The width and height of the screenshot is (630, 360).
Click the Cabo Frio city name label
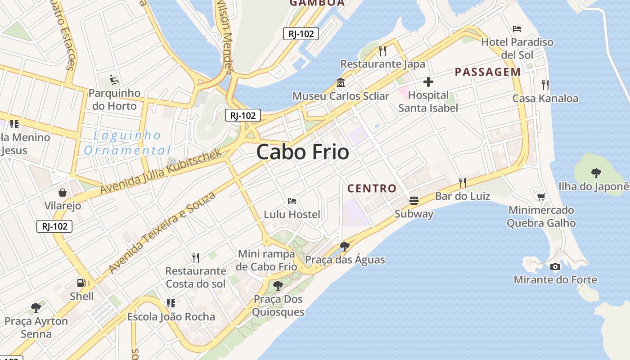coord(302,152)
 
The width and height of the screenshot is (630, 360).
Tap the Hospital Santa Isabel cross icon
coord(428,82)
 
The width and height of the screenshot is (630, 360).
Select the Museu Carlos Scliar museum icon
coord(340,83)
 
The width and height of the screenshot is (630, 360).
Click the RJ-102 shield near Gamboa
coord(301,34)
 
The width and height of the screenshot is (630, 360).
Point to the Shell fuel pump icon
coord(81,283)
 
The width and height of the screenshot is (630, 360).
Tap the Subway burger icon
coord(414,200)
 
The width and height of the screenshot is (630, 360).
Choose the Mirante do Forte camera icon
coord(555,266)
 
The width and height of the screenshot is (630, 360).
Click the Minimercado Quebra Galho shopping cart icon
coord(541,197)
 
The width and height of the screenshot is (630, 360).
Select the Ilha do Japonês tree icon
coord(596,173)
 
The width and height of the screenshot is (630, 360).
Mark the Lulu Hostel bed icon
coord(292,201)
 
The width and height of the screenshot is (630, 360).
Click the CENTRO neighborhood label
coord(372,188)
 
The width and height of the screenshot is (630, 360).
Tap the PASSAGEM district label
coord(488,72)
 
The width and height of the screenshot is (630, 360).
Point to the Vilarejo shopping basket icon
coord(63,193)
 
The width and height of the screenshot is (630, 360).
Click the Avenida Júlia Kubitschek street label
coord(161,171)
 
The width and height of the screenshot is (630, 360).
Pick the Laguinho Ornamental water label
coord(127,143)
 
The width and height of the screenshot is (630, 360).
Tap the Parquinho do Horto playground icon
coord(114,80)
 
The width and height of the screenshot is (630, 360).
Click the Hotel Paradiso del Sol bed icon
coord(517,29)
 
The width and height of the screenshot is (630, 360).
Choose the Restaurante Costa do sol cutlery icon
coord(195,257)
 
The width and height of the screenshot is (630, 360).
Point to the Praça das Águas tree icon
coord(345,246)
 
